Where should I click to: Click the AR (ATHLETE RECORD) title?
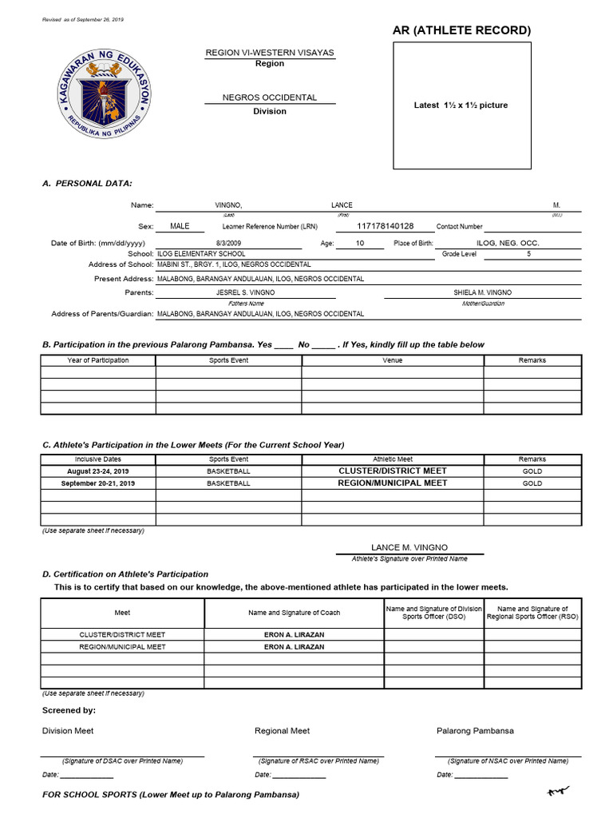[x=461, y=30]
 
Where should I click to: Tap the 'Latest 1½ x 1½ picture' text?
[x=461, y=105]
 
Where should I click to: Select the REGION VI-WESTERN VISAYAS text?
[x=270, y=53]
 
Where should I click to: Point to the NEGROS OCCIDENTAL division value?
[x=270, y=97]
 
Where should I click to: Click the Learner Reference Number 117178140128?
[x=386, y=226]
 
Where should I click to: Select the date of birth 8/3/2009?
[x=227, y=243]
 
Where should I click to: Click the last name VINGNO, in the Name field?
[x=228, y=205]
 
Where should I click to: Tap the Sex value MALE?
[x=180, y=226]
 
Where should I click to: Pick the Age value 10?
[x=359, y=243]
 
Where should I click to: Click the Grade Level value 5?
[x=528, y=254]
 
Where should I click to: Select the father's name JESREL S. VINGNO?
[x=246, y=293]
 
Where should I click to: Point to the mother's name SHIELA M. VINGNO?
[x=483, y=293]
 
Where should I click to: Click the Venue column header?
[x=392, y=360]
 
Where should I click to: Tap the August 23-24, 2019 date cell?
[x=97, y=471]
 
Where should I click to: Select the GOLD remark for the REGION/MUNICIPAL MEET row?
[x=532, y=483]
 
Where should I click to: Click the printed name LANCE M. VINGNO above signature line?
[x=409, y=547]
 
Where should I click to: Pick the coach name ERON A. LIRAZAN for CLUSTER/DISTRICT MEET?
[x=294, y=635]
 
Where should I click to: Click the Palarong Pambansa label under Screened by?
[x=475, y=731]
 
